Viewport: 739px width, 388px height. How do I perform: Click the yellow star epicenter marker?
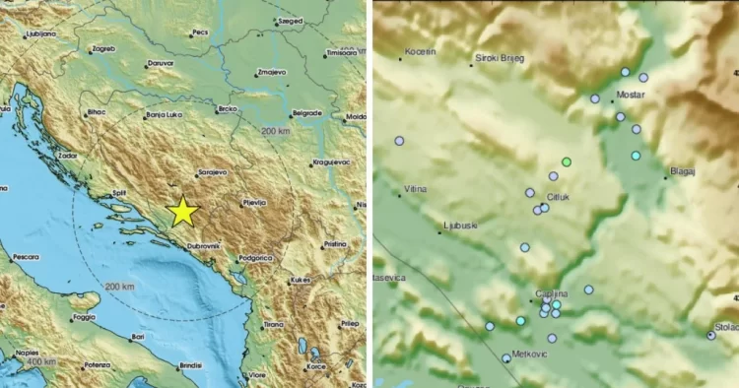(x=182, y=212)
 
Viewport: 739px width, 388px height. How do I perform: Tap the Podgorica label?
(x=254, y=257)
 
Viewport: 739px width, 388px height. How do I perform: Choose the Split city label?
(x=117, y=192)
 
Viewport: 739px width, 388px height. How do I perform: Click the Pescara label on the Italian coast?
(x=26, y=258)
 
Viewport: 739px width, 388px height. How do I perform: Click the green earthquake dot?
(x=567, y=162)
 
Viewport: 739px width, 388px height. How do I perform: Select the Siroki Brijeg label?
(x=501, y=58)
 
